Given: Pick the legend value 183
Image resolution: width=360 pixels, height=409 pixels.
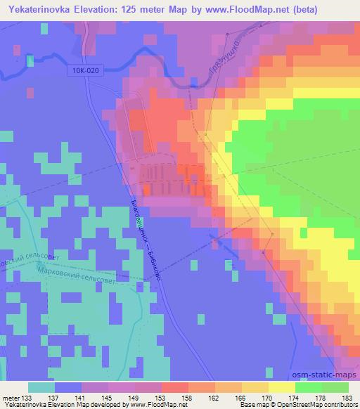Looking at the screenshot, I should pyautogui.click(x=347, y=398).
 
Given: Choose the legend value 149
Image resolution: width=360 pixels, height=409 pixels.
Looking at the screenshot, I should pyautogui.click(x=124, y=398).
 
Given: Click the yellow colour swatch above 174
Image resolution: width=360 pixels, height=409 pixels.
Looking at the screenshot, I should pyautogui.click(x=281, y=387).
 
